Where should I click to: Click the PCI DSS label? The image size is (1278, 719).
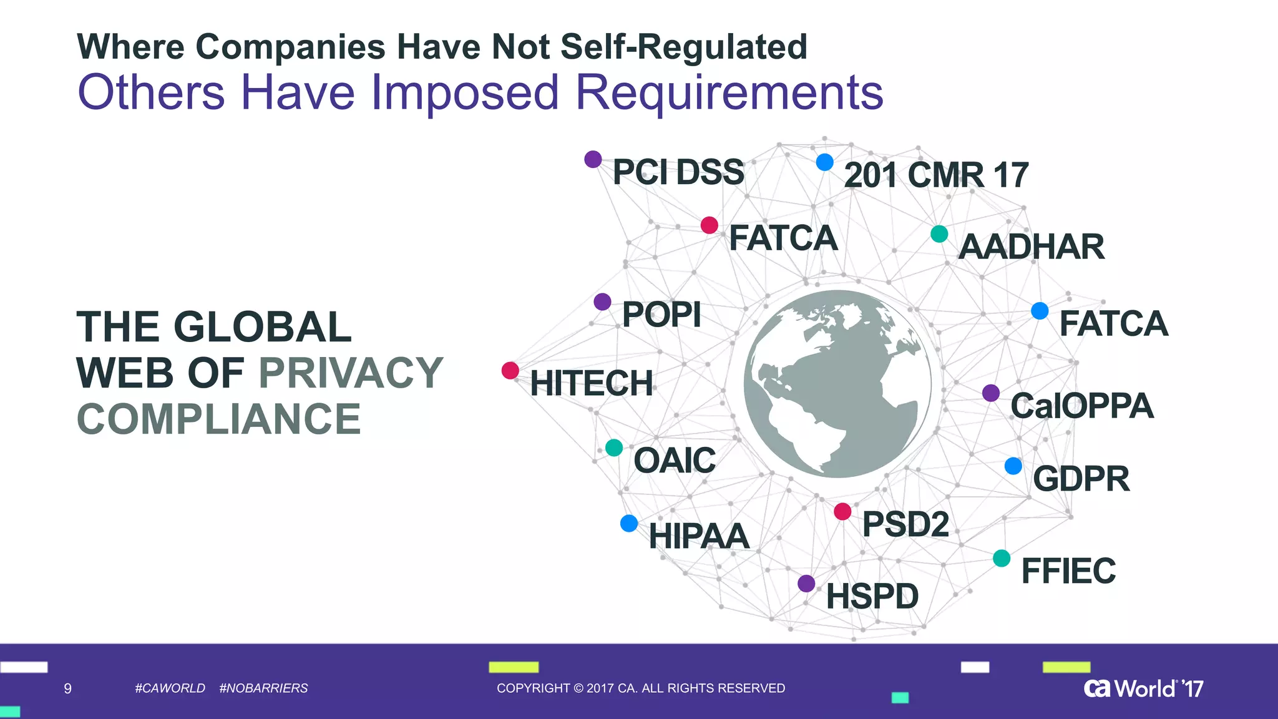coord(678,172)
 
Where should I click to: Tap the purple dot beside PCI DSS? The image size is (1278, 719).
coord(593,159)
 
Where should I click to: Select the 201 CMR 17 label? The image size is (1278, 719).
coord(936,175)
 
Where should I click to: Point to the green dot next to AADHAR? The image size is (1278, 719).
coord(939,234)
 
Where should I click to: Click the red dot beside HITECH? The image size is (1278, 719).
coord(510,371)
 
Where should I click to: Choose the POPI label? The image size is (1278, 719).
coord(661,315)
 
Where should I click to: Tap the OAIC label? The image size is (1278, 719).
coord(675,461)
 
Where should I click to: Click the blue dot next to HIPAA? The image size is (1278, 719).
coord(629,524)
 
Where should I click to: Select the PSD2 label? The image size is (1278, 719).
coord(905,524)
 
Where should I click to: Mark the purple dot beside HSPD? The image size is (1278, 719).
coord(806,584)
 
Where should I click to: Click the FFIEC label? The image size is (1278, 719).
coord(1068,571)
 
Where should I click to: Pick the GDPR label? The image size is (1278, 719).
coord(1081,479)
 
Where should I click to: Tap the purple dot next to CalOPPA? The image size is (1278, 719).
coord(991,393)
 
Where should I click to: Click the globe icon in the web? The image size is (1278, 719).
coord(837,384)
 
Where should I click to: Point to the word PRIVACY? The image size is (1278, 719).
coord(351,373)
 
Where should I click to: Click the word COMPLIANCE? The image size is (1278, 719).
coord(218,419)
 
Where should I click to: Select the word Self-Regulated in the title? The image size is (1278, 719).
coord(684,47)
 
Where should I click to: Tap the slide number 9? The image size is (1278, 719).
coord(68,688)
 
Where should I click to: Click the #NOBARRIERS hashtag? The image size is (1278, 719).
coord(263,688)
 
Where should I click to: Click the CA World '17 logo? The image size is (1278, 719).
coord(1143,688)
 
